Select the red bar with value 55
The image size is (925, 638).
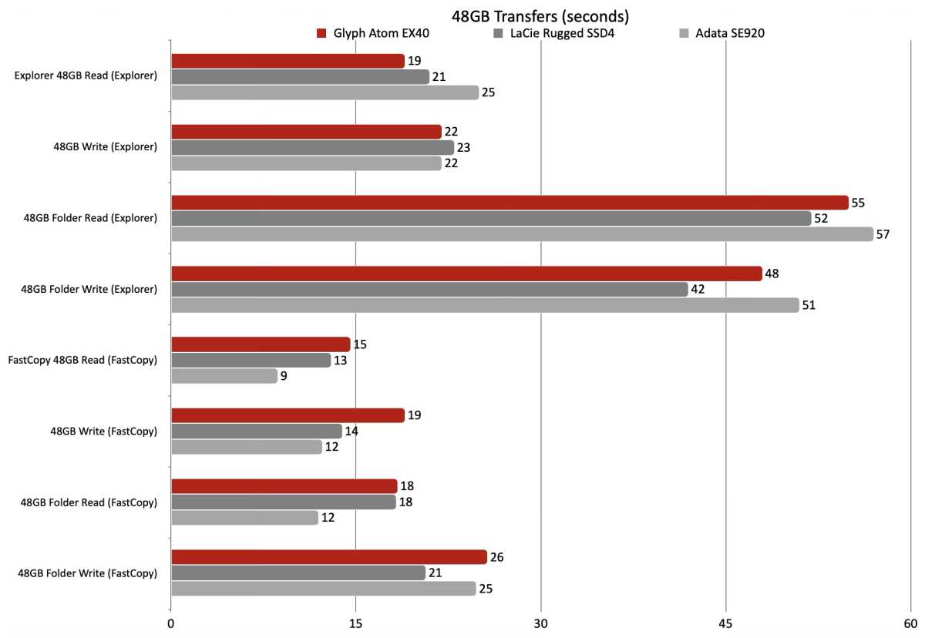tap(509, 203)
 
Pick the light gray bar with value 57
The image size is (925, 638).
tap(521, 234)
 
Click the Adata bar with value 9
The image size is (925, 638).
tap(224, 376)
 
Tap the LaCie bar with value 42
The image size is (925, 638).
tap(429, 290)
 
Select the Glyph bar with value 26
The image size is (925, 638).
tap(328, 557)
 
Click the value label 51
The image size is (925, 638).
tap(809, 305)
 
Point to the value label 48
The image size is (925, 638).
tap(772, 274)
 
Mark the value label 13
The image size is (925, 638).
tap(341, 361)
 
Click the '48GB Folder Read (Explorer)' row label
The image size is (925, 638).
tap(90, 219)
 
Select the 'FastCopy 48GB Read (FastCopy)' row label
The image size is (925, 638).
tap(82, 361)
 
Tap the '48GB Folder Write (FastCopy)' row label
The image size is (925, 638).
tap(87, 573)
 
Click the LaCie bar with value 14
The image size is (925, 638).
tap(256, 431)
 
